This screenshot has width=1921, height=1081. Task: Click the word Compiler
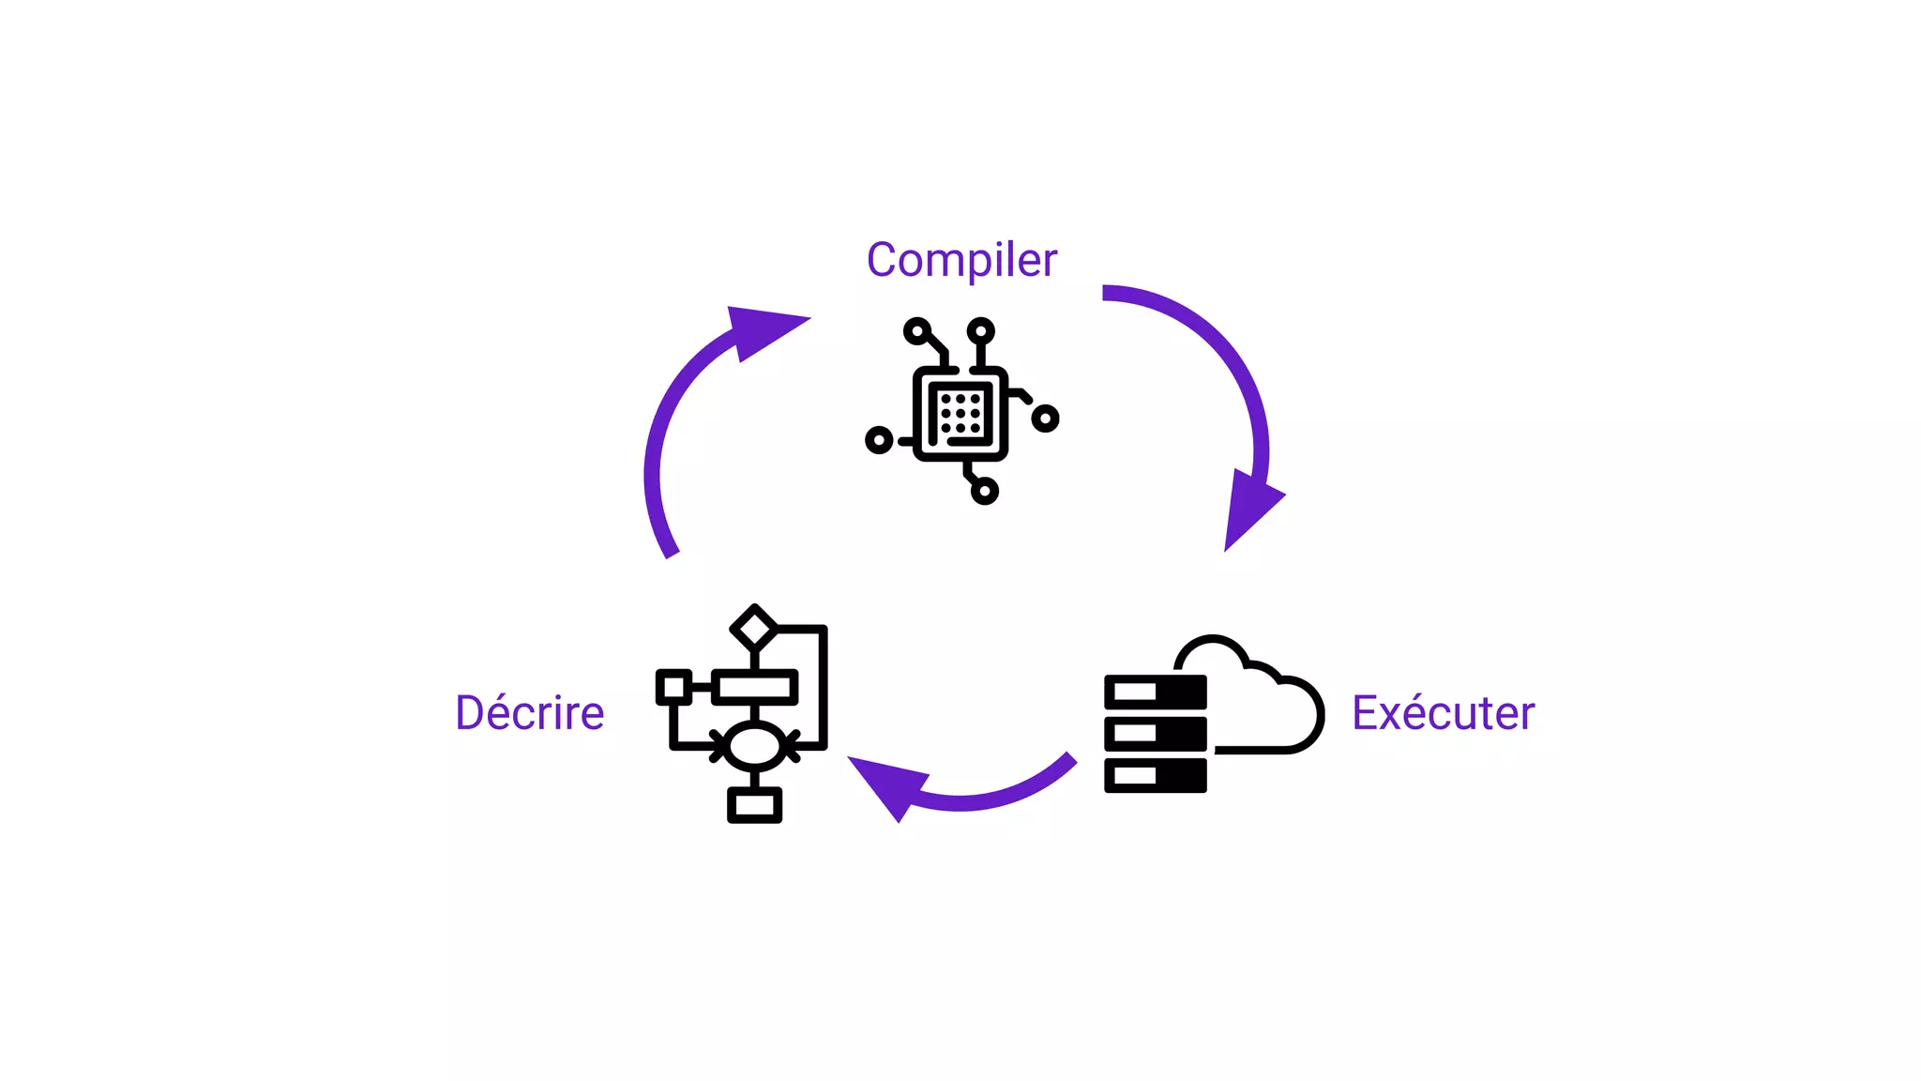[961, 260]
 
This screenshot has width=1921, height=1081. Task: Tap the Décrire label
[530, 712]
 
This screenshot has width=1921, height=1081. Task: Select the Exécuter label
[1443, 712]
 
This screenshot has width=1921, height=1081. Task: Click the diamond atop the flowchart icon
[754, 627]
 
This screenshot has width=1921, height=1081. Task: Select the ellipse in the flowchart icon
[754, 747]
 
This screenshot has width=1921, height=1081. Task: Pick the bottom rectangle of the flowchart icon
[754, 804]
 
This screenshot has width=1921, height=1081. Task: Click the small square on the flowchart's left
[673, 687]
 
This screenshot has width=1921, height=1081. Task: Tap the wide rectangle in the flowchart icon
[755, 687]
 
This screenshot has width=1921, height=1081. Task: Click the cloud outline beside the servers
[1257, 694]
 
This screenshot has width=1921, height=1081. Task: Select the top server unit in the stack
[1156, 693]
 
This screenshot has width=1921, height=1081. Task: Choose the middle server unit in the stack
[1156, 733]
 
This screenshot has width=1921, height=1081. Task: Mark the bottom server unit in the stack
[1156, 775]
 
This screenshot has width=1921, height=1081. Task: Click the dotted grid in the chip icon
[960, 413]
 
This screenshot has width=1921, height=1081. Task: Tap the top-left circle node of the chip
[917, 330]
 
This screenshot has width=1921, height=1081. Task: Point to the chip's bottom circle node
[984, 491]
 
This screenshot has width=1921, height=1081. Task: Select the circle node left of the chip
[879, 439]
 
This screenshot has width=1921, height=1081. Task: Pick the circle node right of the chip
[1045, 419]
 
